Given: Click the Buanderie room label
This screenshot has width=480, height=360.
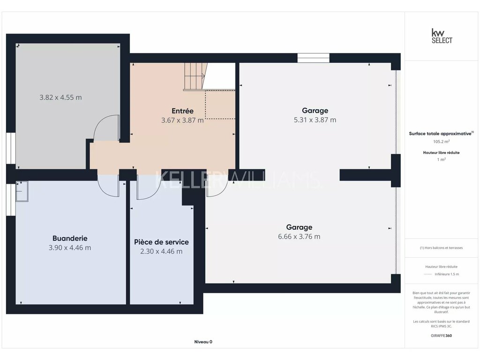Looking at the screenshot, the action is tap(70, 238).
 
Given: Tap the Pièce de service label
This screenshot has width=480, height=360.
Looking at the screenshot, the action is tap(161, 242).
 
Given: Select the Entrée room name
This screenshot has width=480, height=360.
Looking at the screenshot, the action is tap(182, 111).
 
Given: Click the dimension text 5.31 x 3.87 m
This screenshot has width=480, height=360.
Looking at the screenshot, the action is tap(315, 120).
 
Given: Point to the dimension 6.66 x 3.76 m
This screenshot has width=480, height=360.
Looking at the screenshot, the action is tap(299, 236).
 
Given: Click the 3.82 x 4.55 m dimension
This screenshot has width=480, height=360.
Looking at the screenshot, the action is tap(60, 97).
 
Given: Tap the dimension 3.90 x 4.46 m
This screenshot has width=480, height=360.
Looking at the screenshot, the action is tap(70, 247).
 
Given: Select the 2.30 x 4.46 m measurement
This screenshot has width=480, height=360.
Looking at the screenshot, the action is tap(161, 251).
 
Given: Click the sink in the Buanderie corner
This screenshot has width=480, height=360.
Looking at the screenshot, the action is tap(22, 191).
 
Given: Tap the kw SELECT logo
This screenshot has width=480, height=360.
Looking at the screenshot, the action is tap(442, 36).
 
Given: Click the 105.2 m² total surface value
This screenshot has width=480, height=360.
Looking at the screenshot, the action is tap(442, 142).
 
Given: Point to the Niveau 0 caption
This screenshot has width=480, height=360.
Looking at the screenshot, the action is tap(203, 342).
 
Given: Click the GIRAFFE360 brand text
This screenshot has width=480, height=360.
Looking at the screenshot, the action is tap(442, 336).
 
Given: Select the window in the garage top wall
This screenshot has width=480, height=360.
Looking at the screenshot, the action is tap(314, 58).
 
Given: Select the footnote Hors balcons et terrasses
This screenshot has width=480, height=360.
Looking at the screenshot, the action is tap(442, 247).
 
